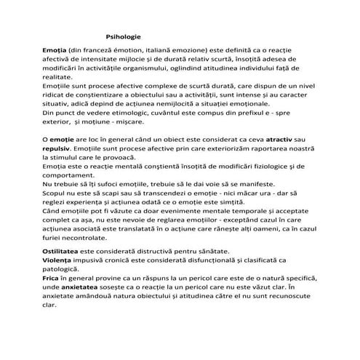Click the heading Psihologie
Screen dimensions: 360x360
(123, 36)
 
